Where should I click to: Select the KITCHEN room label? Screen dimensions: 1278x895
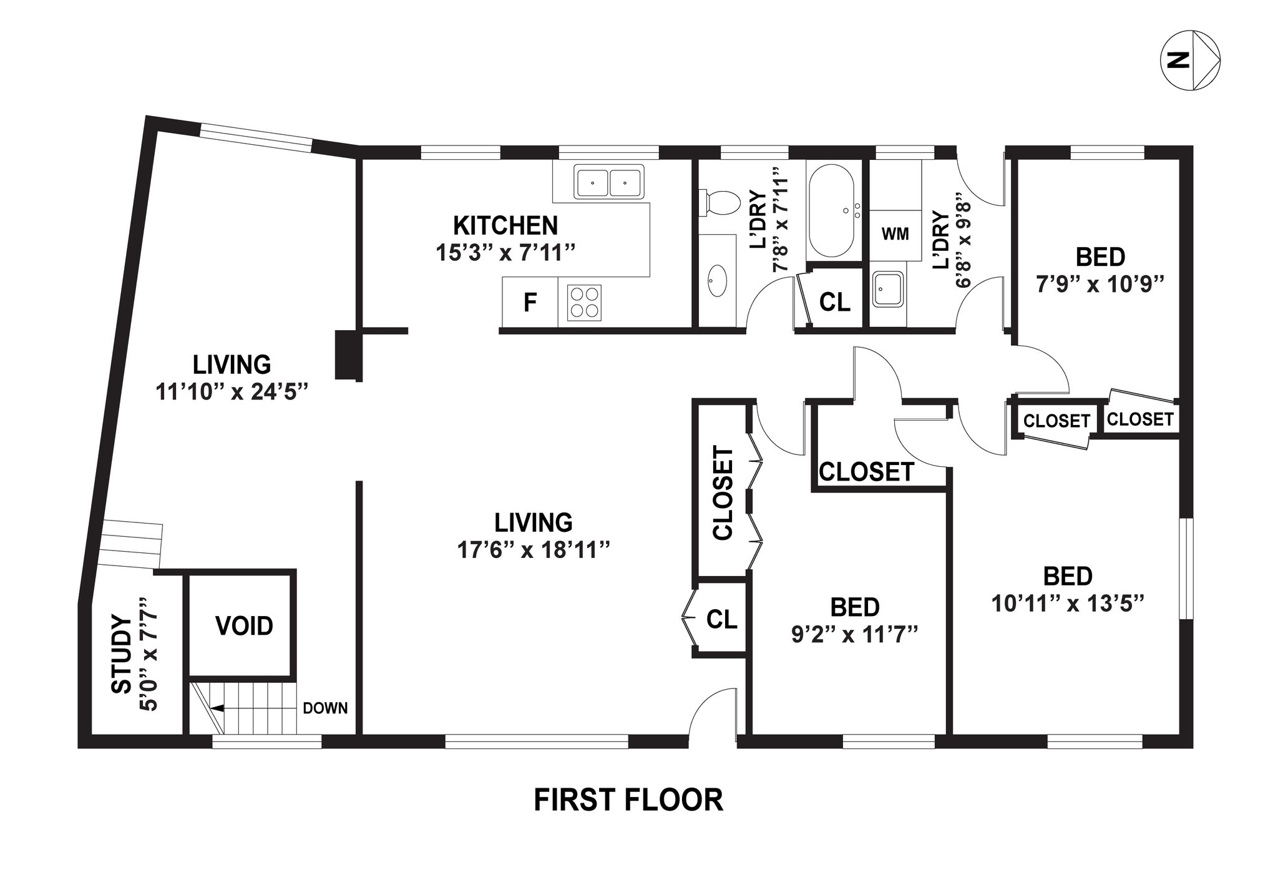click(x=505, y=225)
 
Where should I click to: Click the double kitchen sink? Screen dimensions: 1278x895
click(x=608, y=182)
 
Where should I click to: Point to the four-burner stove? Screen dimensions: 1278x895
click(x=584, y=302)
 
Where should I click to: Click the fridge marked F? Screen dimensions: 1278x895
click(x=530, y=302)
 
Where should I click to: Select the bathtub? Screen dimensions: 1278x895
click(x=834, y=210)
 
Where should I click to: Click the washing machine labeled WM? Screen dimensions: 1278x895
click(x=895, y=235)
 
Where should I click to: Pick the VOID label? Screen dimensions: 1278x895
click(x=244, y=625)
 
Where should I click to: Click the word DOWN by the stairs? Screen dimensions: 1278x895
click(x=325, y=708)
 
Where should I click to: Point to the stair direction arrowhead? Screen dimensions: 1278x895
click(x=218, y=708)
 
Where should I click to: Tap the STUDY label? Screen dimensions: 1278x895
click(x=122, y=655)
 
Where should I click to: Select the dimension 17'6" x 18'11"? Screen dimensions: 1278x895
click(x=533, y=550)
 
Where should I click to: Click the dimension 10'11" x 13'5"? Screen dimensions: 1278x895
click(x=1068, y=604)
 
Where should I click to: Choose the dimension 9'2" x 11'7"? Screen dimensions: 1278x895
click(x=855, y=635)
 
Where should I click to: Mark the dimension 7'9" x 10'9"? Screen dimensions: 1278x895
click(x=1100, y=285)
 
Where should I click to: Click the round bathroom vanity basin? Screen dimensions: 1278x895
click(x=718, y=282)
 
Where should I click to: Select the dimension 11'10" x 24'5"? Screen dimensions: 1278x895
click(x=232, y=392)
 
